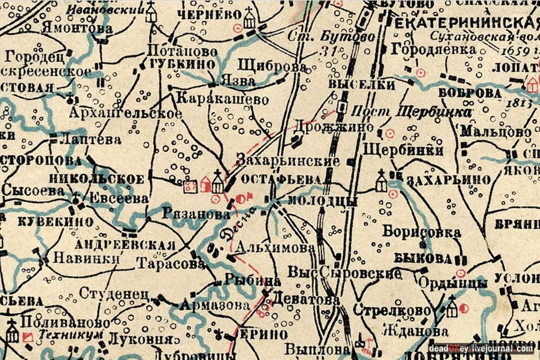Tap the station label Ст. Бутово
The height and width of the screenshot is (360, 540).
pyautogui.click(x=341, y=37)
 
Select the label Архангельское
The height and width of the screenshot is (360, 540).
pyautogui.click(x=125, y=113)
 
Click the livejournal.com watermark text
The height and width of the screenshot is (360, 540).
pyautogui.click(x=502, y=349)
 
